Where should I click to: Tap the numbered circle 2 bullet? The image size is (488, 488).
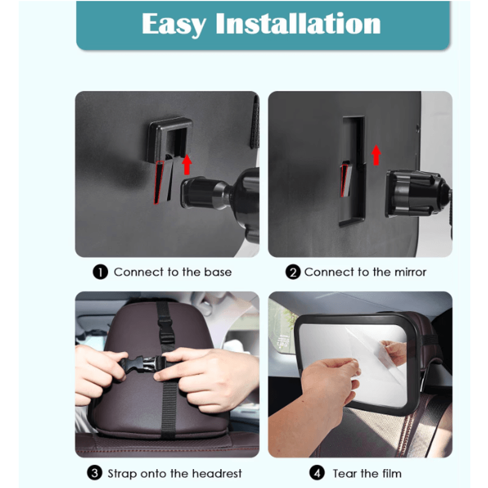point(293,272)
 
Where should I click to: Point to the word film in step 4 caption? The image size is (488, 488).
point(390,473)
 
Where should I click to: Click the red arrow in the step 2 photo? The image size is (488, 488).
point(376,155)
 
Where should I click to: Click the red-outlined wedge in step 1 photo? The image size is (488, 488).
point(160,182)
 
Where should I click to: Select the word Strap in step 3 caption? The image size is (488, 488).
point(121,473)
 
